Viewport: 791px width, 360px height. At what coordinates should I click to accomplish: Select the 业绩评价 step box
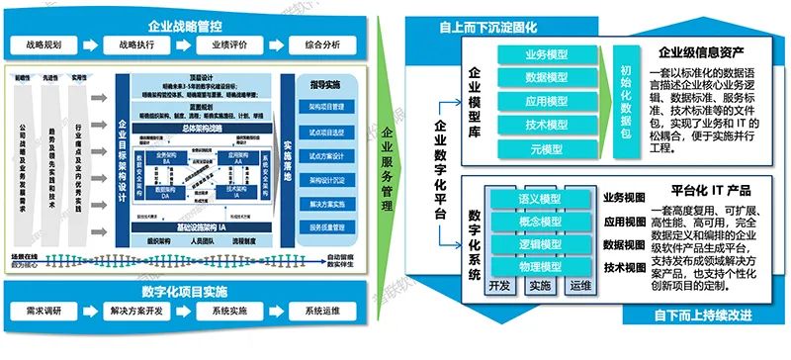point(226,45)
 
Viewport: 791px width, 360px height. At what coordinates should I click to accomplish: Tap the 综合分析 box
point(322,45)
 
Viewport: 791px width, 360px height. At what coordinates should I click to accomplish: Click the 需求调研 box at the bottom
point(46,311)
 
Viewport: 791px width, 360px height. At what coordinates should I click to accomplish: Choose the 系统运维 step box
point(322,311)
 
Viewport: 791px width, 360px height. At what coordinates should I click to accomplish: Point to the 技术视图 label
point(623,268)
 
